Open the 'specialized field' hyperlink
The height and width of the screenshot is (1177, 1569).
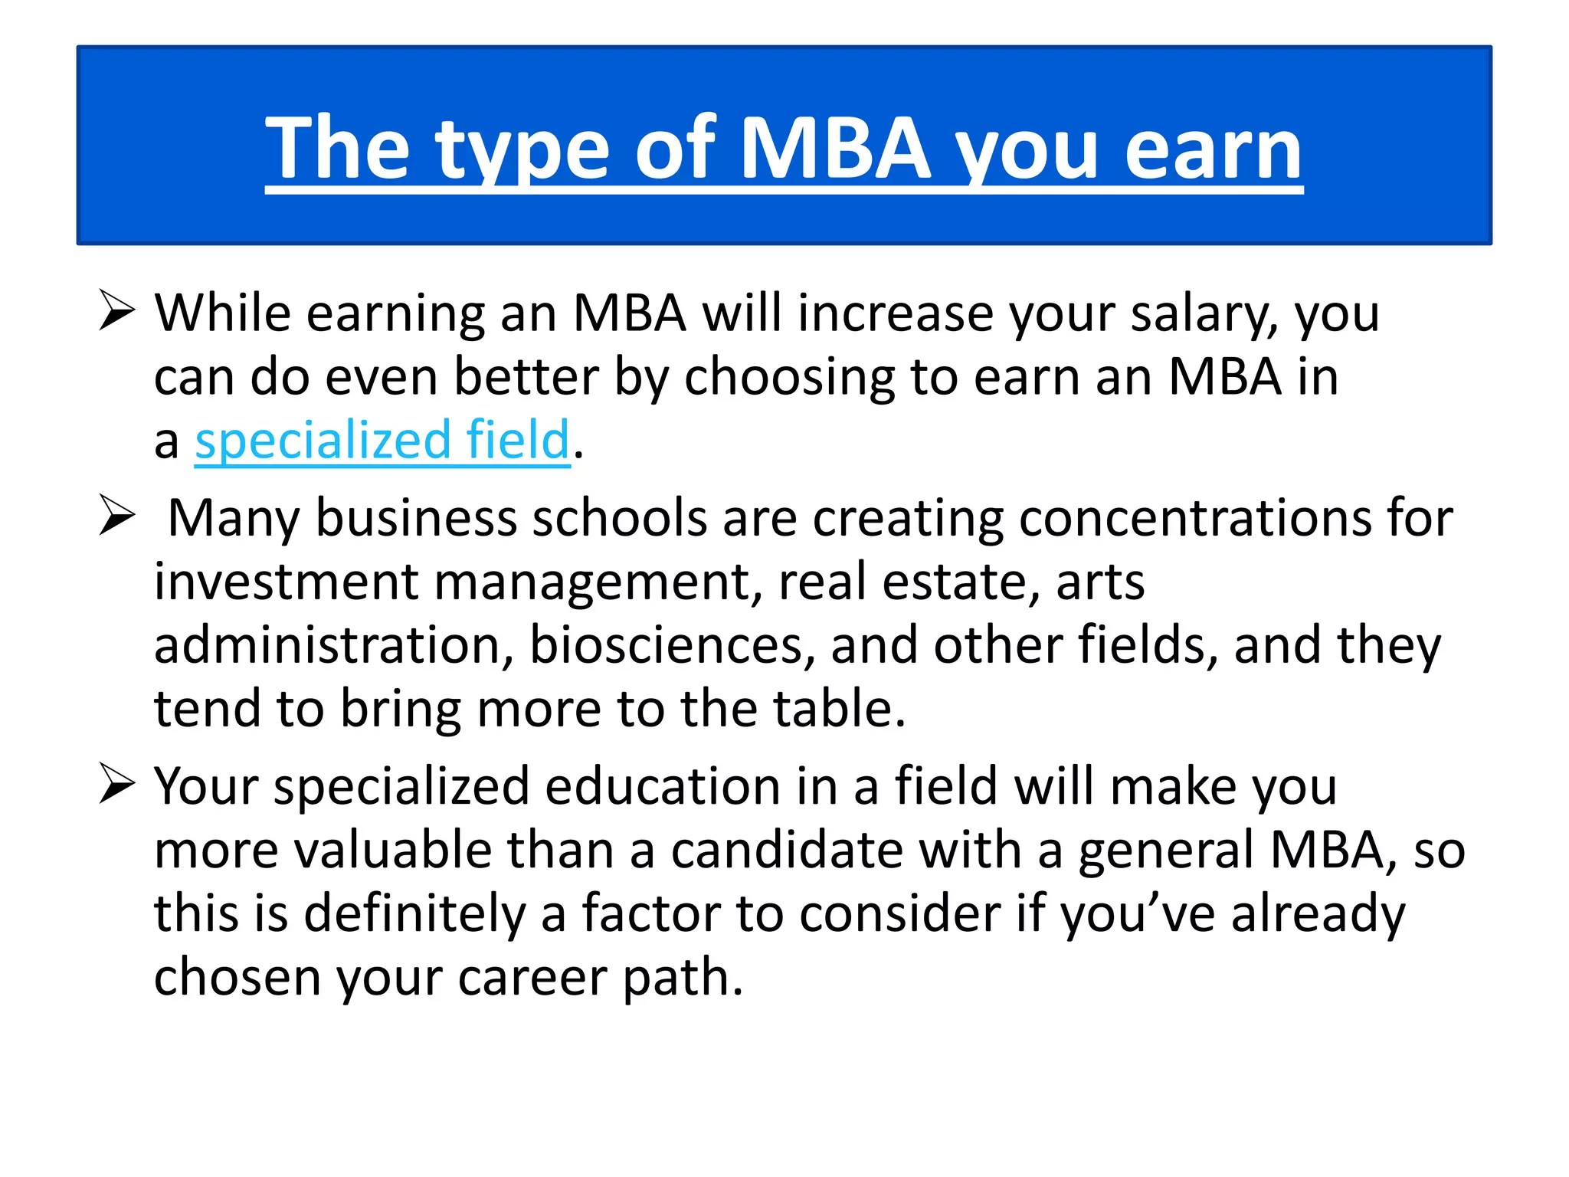[382, 441]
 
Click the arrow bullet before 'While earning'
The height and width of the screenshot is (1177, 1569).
[117, 312]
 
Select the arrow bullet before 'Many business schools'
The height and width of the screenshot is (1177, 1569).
[117, 515]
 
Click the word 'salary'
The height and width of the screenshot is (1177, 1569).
[1204, 313]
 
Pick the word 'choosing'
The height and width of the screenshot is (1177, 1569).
[789, 377]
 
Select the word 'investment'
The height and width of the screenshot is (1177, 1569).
[286, 582]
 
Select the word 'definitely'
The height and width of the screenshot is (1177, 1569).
[414, 913]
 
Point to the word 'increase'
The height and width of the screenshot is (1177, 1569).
[895, 313]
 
